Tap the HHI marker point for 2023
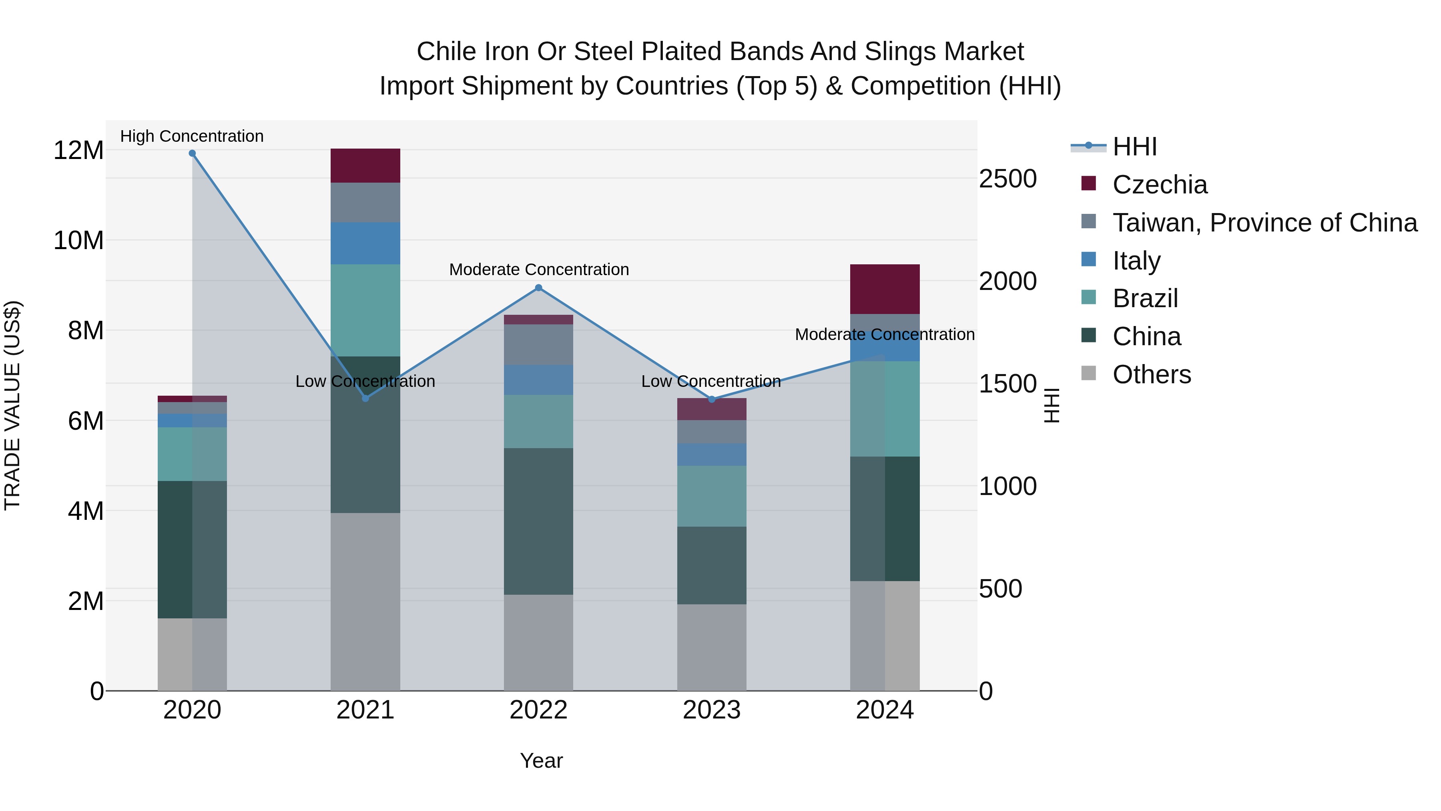[712, 399]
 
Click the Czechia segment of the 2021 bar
[365, 166]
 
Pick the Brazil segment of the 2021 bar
[365, 310]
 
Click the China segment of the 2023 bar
[712, 565]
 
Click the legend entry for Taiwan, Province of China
[1264, 223]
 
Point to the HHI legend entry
[1134, 147]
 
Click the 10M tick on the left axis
[78, 241]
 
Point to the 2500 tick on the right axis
[1007, 179]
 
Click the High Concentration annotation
[192, 136]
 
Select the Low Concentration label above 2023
[710, 381]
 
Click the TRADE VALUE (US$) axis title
[12, 405]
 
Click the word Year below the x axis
[541, 761]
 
